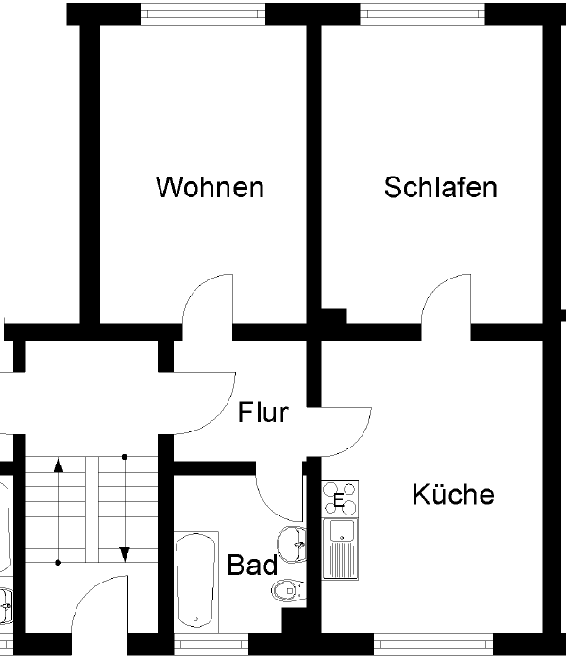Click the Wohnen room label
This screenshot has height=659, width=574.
(210, 187)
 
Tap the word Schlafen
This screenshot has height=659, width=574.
(440, 187)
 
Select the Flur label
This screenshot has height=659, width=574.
(262, 413)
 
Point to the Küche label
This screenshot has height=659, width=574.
(453, 494)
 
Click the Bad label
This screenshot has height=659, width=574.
(252, 566)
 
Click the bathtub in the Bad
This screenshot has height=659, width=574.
(196, 581)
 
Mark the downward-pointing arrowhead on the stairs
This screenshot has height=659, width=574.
(124, 553)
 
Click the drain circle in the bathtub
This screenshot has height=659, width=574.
(196, 619)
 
